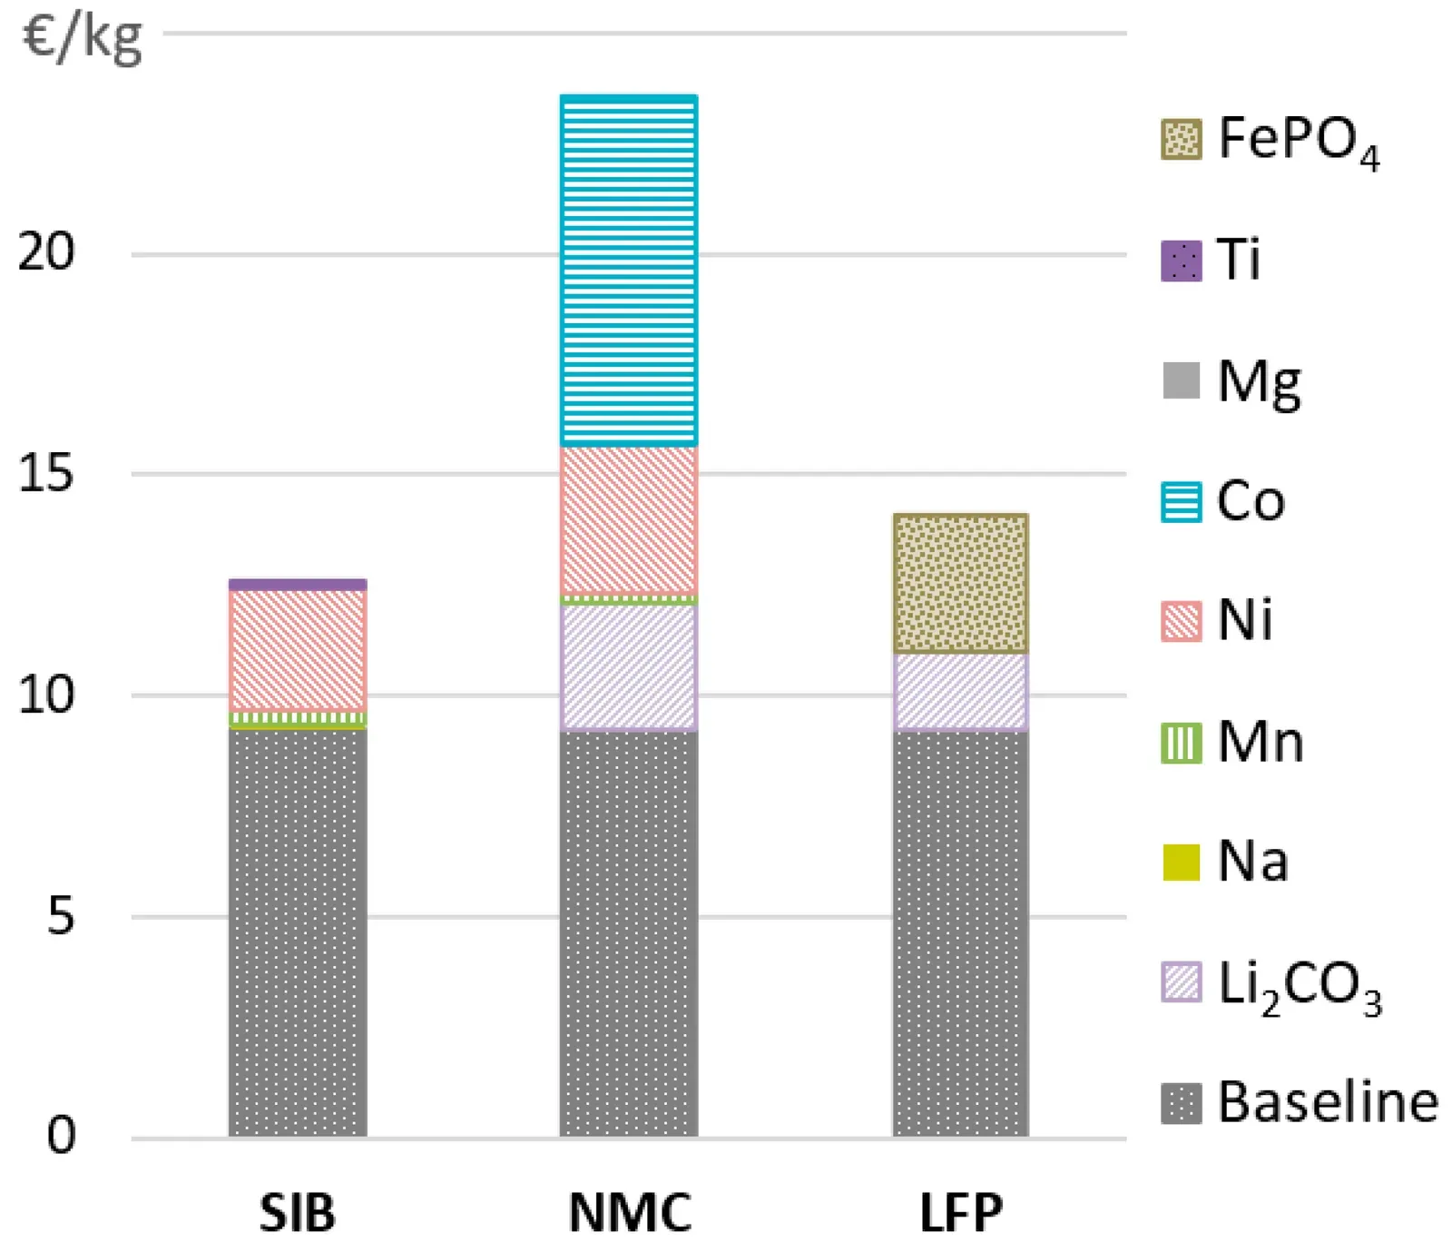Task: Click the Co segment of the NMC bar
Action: click(x=629, y=271)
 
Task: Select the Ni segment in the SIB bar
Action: click(x=298, y=650)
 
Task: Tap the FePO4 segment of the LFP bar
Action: click(x=960, y=584)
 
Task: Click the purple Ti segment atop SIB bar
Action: click(x=298, y=585)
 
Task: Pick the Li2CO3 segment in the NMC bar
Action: click(x=629, y=667)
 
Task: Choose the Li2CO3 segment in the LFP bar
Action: click(x=960, y=691)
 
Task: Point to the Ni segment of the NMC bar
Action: click(x=629, y=520)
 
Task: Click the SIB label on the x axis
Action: click(x=298, y=1212)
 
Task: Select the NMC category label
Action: click(x=630, y=1212)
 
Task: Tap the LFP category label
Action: click(x=961, y=1212)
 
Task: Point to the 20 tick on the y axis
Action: click(x=46, y=251)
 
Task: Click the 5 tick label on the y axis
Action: click(x=60, y=916)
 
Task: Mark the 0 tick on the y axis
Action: click(x=61, y=1136)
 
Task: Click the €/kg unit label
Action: click(x=82, y=39)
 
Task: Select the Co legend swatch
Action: click(x=1181, y=502)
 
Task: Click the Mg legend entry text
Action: click(x=1259, y=382)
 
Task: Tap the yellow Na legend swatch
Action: click(x=1181, y=862)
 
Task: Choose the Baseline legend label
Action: click(x=1327, y=1102)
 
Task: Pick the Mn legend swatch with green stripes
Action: click(x=1181, y=743)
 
